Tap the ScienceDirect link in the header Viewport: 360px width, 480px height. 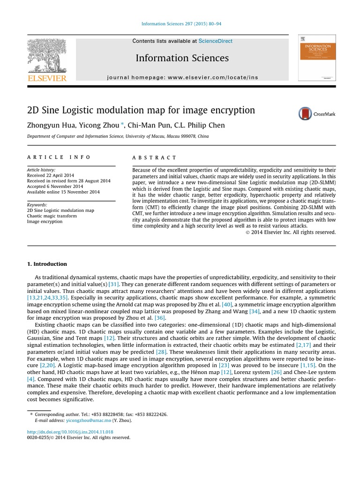(215, 41)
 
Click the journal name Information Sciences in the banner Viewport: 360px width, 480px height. (182, 58)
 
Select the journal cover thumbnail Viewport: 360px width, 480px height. (317, 58)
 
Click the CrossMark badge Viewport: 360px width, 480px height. (317, 114)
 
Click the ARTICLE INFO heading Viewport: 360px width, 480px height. (59, 157)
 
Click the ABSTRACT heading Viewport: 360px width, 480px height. (154, 158)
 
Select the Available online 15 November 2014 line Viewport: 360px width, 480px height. (63, 192)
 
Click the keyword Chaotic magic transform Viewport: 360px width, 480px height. (52, 216)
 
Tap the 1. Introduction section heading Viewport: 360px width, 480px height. (47, 264)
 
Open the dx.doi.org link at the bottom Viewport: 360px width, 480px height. (70, 432)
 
